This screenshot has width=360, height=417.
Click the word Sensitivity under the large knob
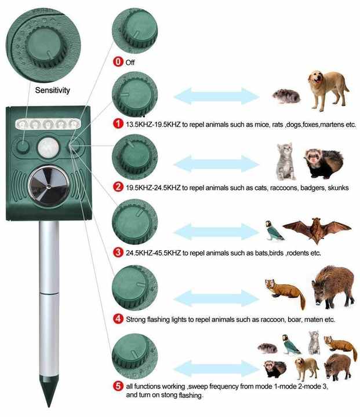(52, 90)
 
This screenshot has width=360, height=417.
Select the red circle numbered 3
(118, 252)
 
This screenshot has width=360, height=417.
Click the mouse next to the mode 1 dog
(286, 96)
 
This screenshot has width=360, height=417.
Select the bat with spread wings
(316, 229)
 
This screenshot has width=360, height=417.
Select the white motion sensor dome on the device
(46, 148)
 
